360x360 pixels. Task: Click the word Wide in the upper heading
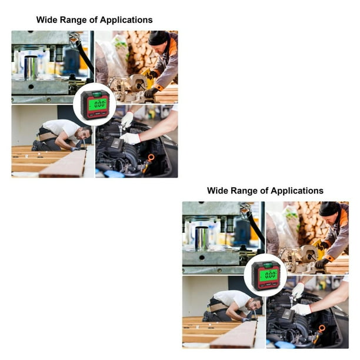pos(46,20)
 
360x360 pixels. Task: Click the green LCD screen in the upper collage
pos(98,104)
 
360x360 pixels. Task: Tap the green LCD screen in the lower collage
pos(269,275)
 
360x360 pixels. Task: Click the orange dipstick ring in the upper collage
pos(151,158)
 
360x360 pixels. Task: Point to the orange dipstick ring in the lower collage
pos(322,328)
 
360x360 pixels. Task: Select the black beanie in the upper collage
pos(158,38)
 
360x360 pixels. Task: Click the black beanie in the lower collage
pos(329,208)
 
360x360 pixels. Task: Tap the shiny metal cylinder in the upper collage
pos(31,68)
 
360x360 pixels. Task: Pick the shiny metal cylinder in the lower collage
pos(202,239)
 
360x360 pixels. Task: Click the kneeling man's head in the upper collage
pos(86,133)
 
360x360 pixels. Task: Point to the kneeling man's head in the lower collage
pos(256,304)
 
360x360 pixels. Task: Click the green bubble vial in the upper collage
pos(97,94)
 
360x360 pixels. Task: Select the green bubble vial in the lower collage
pos(268,265)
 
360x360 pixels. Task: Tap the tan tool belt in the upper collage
pos(48,136)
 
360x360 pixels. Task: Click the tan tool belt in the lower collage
pos(218,307)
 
